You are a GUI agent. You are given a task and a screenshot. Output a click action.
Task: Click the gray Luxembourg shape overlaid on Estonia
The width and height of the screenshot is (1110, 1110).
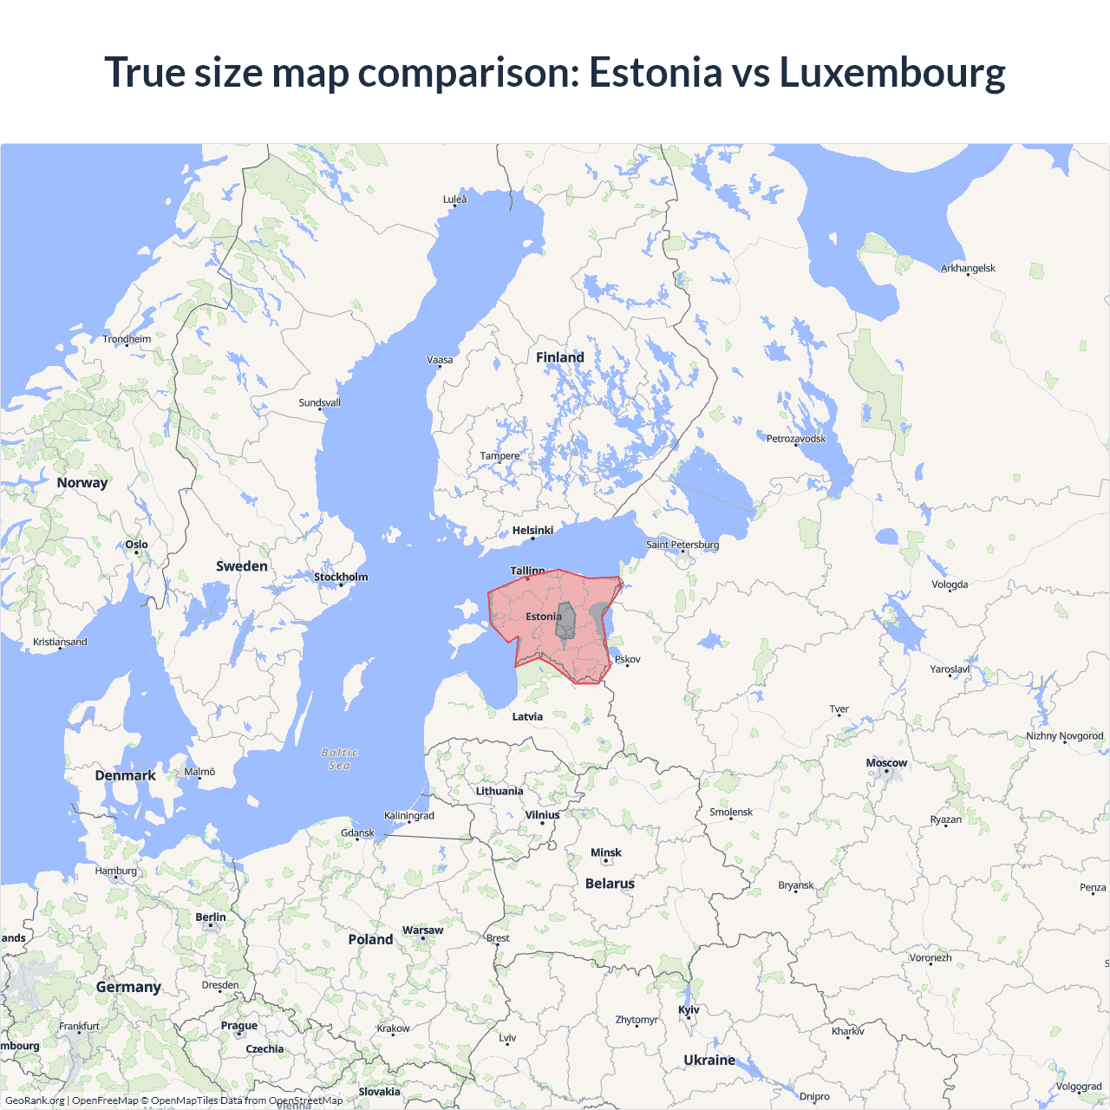click(565, 621)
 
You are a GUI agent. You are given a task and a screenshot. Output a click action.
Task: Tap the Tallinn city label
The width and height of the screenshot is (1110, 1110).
click(527, 571)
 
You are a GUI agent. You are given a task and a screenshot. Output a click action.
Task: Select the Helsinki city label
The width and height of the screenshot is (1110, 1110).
click(532, 530)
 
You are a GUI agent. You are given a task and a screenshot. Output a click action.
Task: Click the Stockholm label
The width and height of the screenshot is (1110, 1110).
click(341, 577)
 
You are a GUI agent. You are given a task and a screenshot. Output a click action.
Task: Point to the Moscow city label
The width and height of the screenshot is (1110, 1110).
click(886, 763)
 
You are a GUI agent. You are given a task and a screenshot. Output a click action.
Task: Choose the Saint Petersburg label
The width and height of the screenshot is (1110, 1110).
click(682, 545)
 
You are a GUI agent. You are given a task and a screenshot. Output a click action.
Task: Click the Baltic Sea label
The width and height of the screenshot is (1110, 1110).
click(339, 759)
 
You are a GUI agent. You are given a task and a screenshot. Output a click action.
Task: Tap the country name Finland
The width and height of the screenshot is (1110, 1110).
click(559, 357)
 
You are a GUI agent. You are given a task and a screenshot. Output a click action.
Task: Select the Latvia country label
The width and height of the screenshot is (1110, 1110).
click(527, 716)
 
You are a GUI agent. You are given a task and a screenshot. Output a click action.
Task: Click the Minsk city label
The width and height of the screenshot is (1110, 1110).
click(605, 852)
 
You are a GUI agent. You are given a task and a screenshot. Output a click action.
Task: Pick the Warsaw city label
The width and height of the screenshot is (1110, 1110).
click(422, 930)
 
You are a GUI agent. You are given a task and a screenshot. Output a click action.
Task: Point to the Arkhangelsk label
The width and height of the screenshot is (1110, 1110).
click(968, 268)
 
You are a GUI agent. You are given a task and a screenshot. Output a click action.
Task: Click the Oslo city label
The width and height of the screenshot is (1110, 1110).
click(136, 545)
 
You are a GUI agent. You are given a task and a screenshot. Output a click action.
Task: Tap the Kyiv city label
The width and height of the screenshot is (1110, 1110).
click(689, 1009)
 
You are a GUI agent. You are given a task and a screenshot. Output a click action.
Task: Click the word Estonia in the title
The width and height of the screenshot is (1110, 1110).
click(655, 72)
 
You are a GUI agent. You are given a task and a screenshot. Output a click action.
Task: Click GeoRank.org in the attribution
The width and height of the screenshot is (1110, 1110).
click(35, 1100)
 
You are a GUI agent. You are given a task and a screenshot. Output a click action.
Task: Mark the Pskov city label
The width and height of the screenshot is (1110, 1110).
click(627, 659)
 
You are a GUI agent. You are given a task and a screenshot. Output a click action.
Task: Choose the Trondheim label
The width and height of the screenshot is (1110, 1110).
click(127, 339)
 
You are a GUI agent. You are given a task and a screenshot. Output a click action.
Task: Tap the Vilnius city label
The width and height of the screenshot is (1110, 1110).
click(542, 815)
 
